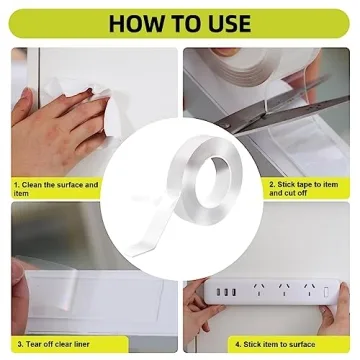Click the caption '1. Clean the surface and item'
(56, 189)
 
